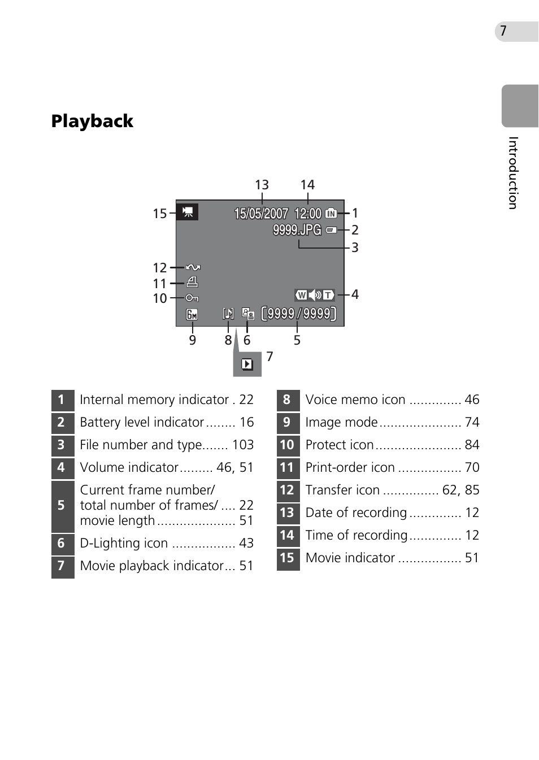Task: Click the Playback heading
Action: (x=92, y=121)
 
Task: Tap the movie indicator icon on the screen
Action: (x=188, y=212)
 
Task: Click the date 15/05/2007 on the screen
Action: (x=261, y=214)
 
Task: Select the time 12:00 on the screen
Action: (x=308, y=214)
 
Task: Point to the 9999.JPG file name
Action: (x=297, y=230)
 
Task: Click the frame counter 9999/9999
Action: (x=299, y=314)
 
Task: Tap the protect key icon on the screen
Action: (x=192, y=298)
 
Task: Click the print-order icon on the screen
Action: (x=192, y=282)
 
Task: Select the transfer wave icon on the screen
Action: (x=193, y=267)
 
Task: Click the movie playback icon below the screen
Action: (x=247, y=364)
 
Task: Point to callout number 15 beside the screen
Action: (x=160, y=214)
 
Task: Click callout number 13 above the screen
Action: (x=262, y=185)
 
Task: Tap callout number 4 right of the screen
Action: (x=355, y=294)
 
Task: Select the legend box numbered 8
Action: (x=288, y=400)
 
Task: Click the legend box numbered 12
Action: (x=288, y=490)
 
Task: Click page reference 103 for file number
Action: (x=243, y=445)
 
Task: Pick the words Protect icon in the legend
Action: (x=340, y=445)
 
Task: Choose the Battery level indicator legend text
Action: (x=142, y=422)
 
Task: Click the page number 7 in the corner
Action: (x=503, y=31)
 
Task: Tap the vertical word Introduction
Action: (x=513, y=172)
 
